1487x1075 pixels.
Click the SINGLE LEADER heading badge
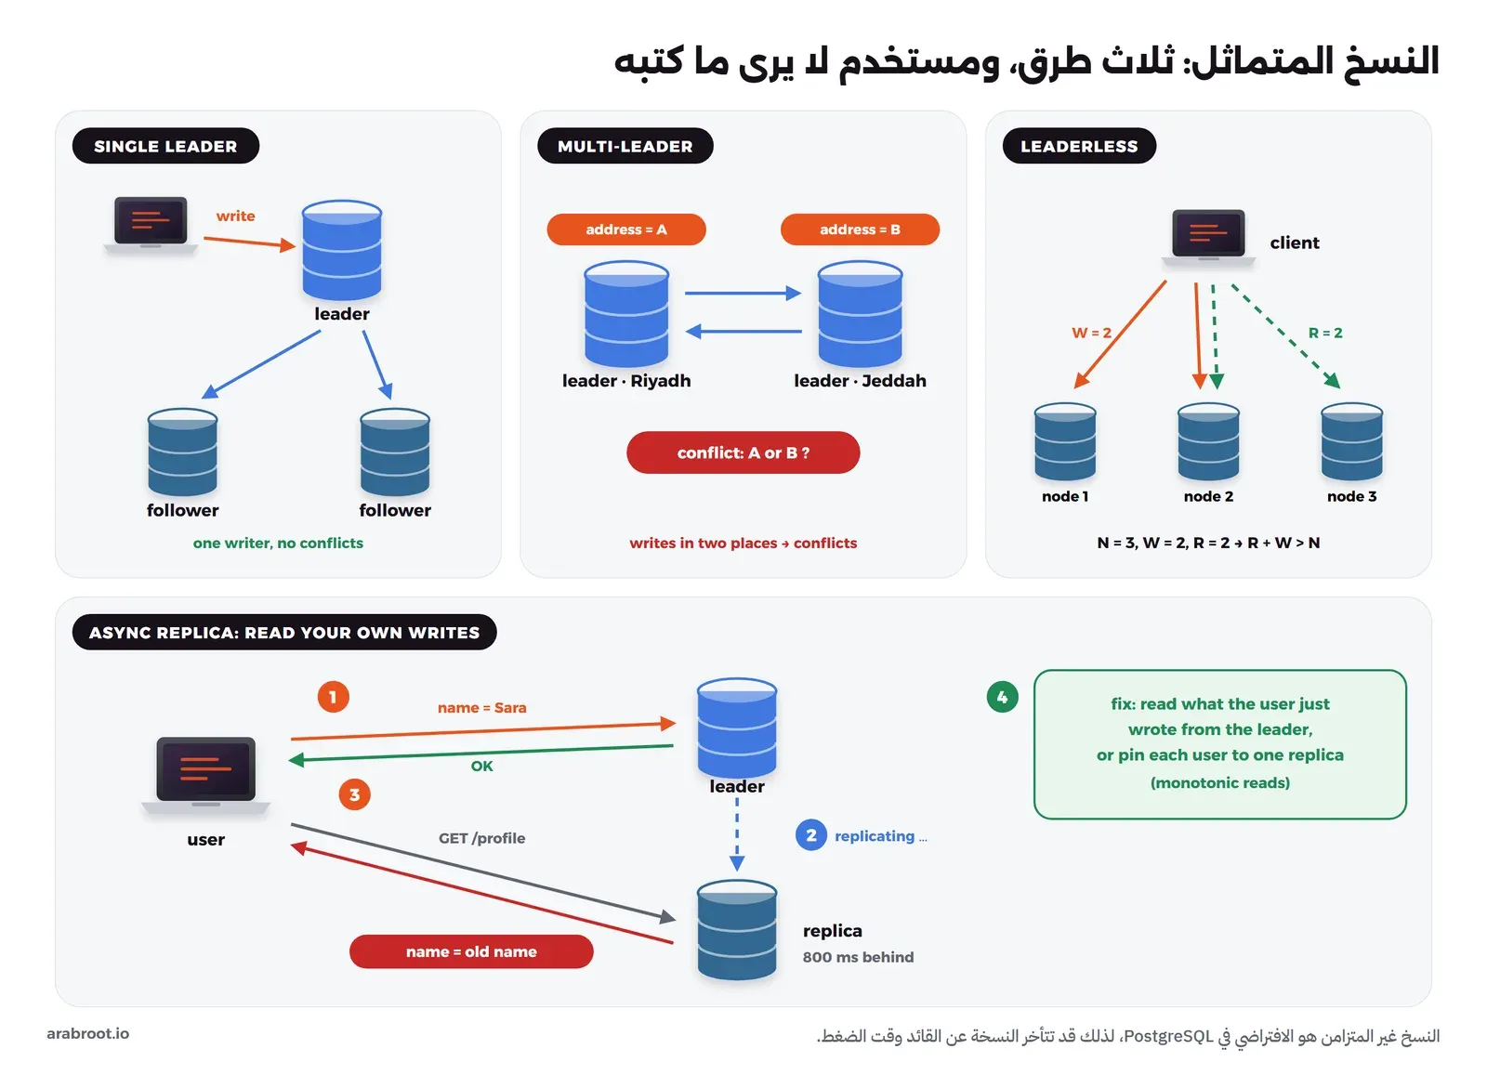[166, 146]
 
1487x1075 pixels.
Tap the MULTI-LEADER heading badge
[625, 146]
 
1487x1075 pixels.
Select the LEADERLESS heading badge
[1079, 146]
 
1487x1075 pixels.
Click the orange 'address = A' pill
[626, 229]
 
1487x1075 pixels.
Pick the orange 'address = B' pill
[860, 229]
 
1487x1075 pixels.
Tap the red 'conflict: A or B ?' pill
[743, 452]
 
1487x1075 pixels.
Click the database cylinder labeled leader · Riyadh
[626, 313]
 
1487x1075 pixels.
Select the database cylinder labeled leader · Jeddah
[860, 313]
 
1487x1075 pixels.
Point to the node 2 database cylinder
[1208, 441]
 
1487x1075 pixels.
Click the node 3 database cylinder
[1351, 441]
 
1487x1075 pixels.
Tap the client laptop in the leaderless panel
[1208, 238]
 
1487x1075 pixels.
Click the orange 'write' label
[236, 216]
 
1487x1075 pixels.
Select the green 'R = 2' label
[1325, 333]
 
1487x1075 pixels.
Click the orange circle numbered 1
[334, 697]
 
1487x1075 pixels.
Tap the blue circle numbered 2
[811, 834]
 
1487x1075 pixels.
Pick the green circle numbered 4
[1003, 697]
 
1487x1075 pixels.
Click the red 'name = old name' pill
[471, 951]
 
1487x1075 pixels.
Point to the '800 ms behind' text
[858, 957]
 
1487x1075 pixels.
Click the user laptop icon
[205, 775]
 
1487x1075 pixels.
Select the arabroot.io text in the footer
[88, 1034]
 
